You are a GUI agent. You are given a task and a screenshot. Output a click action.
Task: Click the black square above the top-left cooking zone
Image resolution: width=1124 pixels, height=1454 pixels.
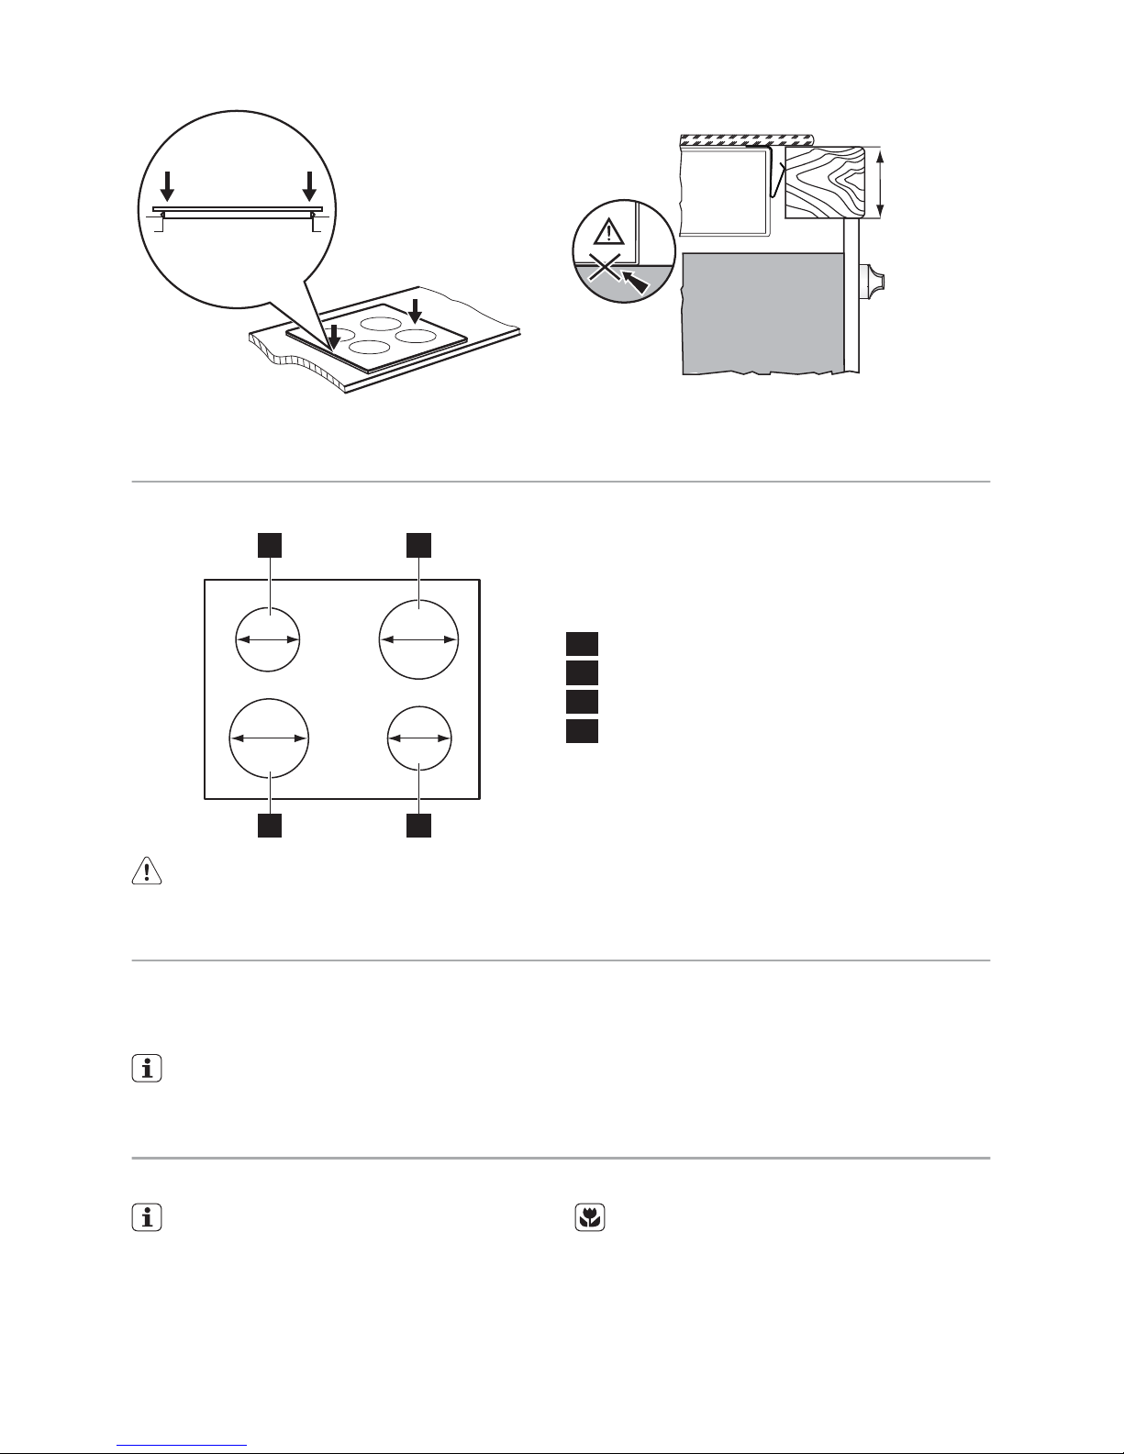(x=269, y=545)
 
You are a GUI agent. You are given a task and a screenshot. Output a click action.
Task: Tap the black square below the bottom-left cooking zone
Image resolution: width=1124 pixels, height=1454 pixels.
(x=269, y=825)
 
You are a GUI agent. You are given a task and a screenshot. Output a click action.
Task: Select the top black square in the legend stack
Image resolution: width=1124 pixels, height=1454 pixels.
(x=582, y=643)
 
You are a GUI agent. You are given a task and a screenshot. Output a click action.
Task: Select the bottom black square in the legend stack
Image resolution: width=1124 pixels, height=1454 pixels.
(x=582, y=731)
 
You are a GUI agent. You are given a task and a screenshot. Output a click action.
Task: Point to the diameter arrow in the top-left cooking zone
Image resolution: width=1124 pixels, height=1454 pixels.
(x=269, y=640)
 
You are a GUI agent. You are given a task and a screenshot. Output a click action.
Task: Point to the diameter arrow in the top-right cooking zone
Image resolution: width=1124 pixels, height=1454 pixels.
(x=418, y=640)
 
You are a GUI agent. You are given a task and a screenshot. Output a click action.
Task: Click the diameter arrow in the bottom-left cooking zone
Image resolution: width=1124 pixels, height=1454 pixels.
(x=269, y=738)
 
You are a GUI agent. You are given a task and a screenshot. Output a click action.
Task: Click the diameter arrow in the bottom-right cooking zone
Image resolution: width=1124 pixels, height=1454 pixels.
(x=418, y=738)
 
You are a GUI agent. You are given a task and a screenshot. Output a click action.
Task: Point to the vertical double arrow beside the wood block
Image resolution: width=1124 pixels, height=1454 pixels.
(x=881, y=183)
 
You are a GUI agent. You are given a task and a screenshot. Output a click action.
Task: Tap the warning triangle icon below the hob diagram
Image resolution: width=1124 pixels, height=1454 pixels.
(x=147, y=871)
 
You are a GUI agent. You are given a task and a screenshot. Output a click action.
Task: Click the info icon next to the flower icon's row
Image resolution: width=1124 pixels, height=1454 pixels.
(x=147, y=1217)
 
